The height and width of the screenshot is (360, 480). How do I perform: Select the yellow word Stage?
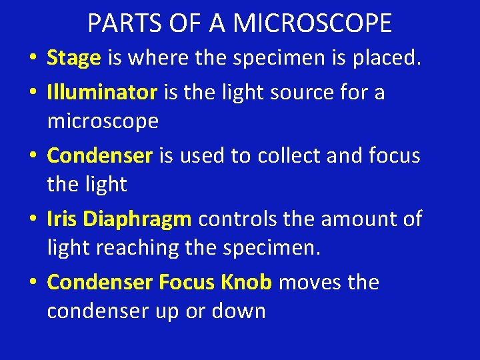pos(73,59)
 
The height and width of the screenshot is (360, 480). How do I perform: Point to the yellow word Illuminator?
pos(101,92)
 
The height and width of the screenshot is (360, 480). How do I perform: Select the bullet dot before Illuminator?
pos(33,93)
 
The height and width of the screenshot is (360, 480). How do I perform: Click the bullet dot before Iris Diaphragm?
pos(33,219)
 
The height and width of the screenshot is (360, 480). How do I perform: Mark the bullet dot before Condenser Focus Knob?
pos(33,283)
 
